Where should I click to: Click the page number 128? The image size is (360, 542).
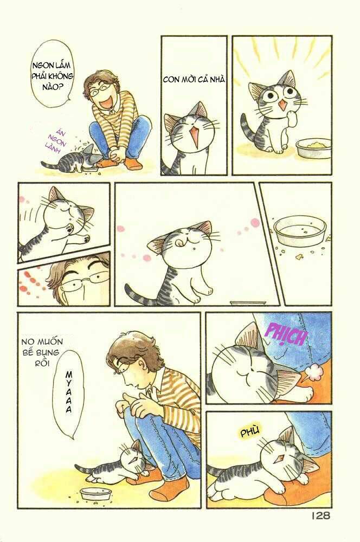click(x=321, y=515)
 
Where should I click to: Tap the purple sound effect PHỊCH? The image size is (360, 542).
click(x=285, y=334)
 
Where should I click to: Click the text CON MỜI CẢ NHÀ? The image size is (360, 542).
click(x=194, y=79)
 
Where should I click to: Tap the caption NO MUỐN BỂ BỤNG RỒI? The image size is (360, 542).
click(x=42, y=352)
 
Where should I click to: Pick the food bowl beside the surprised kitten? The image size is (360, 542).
click(x=313, y=147)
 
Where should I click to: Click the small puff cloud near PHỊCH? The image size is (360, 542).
click(x=315, y=371)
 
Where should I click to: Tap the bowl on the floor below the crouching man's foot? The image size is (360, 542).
click(x=95, y=494)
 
